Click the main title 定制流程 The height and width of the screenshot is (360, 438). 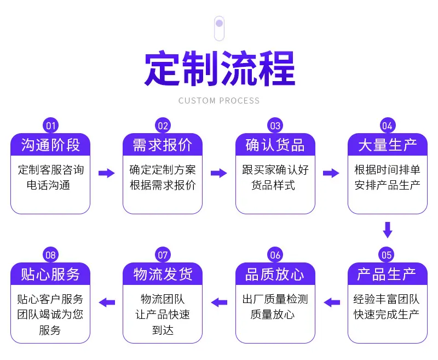click(220, 68)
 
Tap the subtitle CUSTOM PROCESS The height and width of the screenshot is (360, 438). click(219, 101)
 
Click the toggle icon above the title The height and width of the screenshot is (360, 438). click(220, 28)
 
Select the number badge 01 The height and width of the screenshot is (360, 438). click(50, 126)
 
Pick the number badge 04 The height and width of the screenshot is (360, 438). click(388, 126)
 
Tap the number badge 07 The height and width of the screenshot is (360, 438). click(163, 255)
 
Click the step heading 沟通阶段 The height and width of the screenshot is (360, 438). click(50, 145)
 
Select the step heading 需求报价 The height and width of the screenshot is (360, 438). click(163, 145)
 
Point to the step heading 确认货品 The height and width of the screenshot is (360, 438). click(275, 145)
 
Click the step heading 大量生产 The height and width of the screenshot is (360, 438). click(388, 145)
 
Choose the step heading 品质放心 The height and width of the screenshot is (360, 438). click(275, 274)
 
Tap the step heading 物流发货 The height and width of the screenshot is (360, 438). click(163, 274)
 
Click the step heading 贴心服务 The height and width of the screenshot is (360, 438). click(50, 274)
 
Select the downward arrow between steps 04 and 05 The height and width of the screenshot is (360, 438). click(388, 230)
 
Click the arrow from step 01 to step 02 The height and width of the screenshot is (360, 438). click(107, 173)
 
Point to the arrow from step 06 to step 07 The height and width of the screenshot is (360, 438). click(220, 302)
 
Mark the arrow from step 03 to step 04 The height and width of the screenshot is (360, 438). click(331, 173)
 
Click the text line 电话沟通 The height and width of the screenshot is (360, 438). click(48, 185)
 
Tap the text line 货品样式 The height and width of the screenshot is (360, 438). click(273, 185)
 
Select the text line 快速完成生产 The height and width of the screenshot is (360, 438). click(387, 315)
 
